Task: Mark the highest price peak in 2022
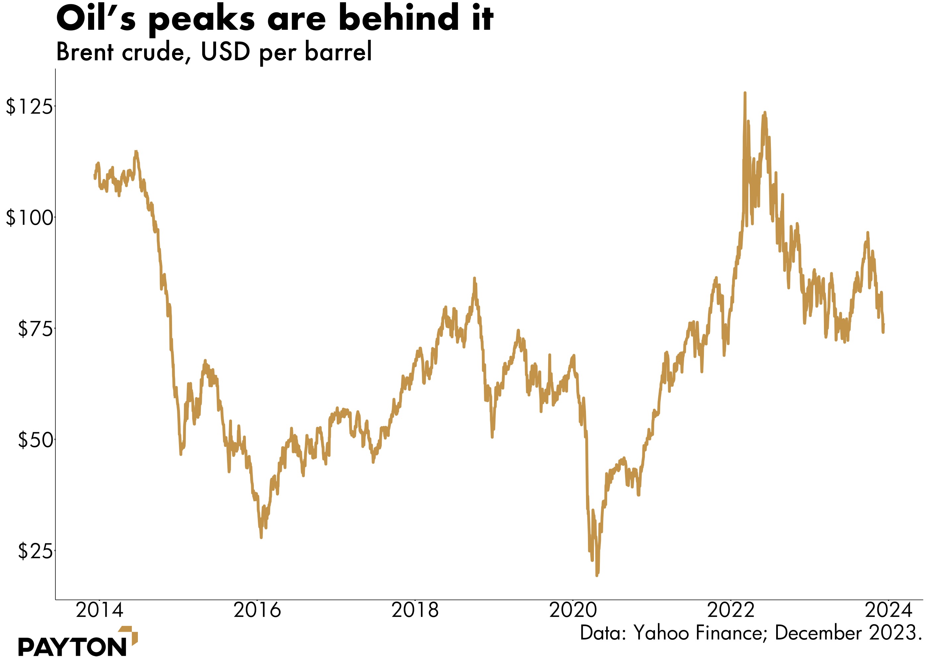[745, 93]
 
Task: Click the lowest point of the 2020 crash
[597, 575]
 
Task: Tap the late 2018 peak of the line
[474, 278]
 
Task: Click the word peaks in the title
[202, 20]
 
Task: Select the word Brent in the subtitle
[85, 52]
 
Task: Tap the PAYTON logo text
[73, 647]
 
